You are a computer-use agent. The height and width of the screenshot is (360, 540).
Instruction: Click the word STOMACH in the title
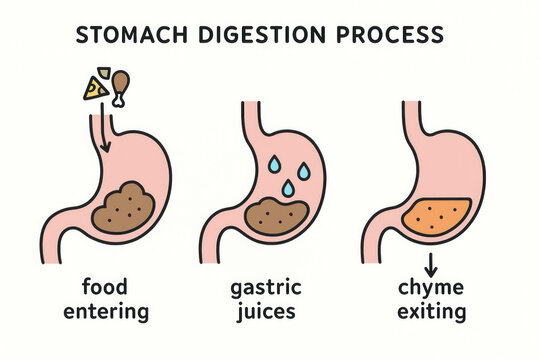[132, 35]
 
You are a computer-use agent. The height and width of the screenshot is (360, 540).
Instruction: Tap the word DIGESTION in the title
[262, 35]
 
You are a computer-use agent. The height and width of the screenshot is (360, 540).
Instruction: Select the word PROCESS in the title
[390, 35]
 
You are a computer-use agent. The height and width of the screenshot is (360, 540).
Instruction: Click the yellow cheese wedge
[96, 89]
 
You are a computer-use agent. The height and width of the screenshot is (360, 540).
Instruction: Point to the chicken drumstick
[120, 89]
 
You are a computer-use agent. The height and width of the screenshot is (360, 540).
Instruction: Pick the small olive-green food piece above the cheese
[104, 72]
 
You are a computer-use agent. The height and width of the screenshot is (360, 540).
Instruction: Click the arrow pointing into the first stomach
[104, 128]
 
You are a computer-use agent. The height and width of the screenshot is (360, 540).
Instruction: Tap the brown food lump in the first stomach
[123, 208]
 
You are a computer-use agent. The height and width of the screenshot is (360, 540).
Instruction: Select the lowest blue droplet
[288, 188]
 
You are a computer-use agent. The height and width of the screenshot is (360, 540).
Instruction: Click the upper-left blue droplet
[274, 164]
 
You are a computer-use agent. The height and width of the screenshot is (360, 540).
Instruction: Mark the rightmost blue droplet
[303, 171]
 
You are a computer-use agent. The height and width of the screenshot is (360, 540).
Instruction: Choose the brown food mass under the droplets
[277, 216]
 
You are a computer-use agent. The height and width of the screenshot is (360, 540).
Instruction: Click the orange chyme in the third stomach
[437, 216]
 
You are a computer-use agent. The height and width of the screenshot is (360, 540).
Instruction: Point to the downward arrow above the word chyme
[430, 265]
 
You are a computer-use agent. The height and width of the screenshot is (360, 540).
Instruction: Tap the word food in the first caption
[105, 286]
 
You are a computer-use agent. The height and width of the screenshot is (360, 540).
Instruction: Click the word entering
[106, 312]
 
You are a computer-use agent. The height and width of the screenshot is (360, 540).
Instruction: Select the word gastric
[266, 288]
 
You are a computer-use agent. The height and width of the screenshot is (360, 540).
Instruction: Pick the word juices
[266, 311]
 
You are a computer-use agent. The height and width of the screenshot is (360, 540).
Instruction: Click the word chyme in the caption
[431, 288]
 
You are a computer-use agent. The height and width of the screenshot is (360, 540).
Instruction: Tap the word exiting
[432, 311]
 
